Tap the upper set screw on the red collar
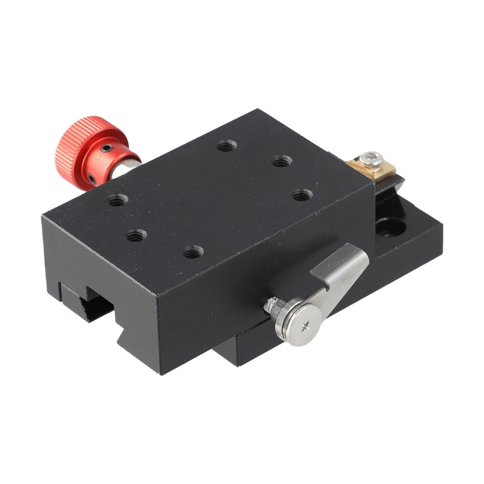point(107,148)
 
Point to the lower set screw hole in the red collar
point(92,179)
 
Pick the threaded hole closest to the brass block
point(282,161)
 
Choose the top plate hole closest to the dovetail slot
point(136,235)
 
